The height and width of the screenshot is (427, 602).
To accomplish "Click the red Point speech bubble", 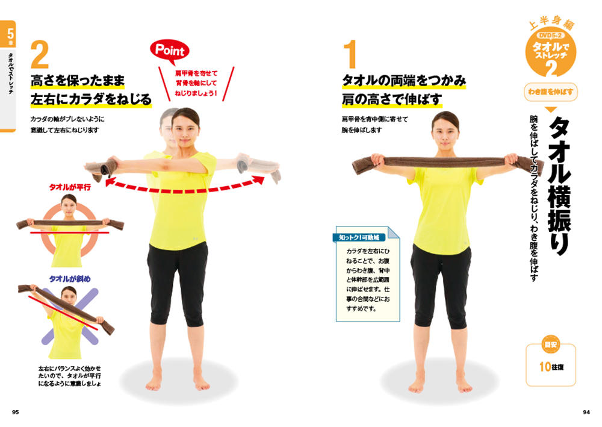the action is point(170,51).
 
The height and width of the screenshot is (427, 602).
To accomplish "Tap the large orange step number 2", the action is point(40,55).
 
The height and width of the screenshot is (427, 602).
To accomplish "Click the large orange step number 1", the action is point(350,55).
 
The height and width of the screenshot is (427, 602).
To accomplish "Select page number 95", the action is point(16,412).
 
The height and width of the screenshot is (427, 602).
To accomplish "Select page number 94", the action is point(586,412).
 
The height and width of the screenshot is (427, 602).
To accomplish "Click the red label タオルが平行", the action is point(70,187).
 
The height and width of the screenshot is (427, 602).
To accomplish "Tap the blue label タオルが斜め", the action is point(70,279).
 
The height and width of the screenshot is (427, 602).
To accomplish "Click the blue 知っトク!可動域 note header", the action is point(359,238).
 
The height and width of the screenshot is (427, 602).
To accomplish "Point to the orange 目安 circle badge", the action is point(551,344).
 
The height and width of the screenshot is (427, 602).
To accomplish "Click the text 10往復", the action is point(551,367).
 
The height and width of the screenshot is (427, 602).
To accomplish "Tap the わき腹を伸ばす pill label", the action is point(551,92).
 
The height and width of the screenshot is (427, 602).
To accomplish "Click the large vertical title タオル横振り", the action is point(560,186).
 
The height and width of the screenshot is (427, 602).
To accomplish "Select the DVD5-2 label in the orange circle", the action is point(551,36).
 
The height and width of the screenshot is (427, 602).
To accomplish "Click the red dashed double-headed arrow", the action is point(185,189).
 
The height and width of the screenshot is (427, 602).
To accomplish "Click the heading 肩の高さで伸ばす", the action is point(392,100).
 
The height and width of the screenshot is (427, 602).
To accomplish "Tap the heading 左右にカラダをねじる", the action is point(92,99).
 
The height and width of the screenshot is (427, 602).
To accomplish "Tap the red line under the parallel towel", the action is point(70,232).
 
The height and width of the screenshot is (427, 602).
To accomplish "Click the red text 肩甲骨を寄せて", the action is point(196,73).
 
